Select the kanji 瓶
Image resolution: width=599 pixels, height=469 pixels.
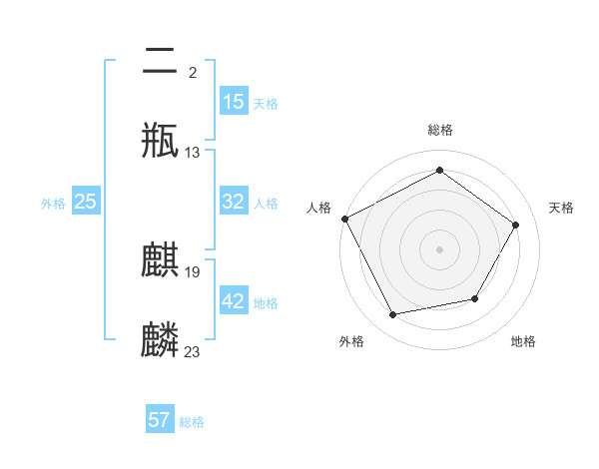point(161,141)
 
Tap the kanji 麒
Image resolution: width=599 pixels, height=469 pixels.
point(161,260)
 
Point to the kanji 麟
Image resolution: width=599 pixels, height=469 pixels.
point(161,339)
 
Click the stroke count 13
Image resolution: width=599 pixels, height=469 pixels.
point(193,153)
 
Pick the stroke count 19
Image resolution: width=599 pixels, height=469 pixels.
point(193,271)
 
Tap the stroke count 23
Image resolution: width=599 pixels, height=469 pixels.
point(193,351)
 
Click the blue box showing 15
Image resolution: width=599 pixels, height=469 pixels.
point(234,102)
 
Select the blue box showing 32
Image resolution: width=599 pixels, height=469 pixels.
point(234,202)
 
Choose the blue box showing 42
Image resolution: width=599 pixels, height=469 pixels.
point(234,301)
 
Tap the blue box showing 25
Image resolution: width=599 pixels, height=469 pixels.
point(86,202)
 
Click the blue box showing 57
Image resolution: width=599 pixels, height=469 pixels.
point(160,420)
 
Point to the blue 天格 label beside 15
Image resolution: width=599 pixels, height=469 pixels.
point(266,104)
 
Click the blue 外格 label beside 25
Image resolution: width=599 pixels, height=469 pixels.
point(53,204)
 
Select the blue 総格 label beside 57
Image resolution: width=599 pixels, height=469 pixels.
point(192,422)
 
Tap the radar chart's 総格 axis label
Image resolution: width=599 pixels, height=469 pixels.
point(440,130)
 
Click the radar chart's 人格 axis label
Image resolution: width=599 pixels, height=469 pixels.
point(319,208)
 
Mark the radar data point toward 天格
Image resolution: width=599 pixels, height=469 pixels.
point(516,225)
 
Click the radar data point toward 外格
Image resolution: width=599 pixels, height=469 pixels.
point(393,315)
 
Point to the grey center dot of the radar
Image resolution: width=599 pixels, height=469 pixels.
point(440,248)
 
